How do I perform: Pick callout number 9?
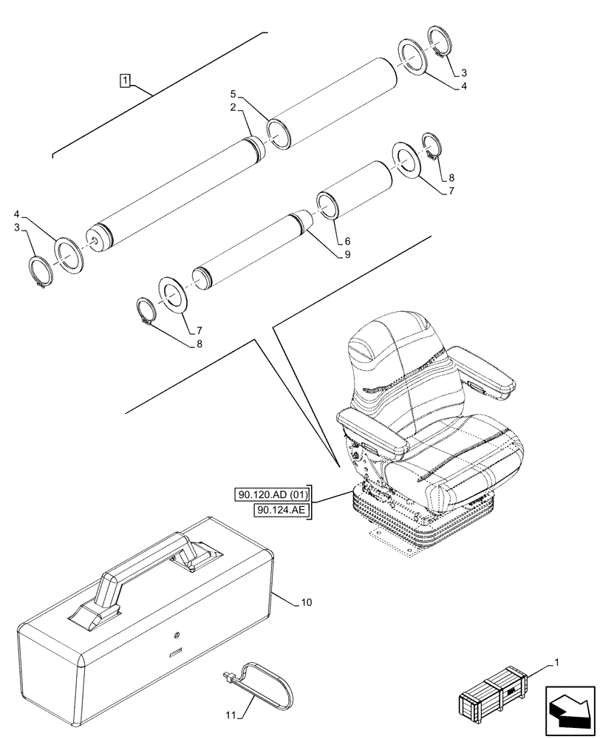pyautogui.click(x=346, y=254)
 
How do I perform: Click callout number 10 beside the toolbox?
pyautogui.click(x=306, y=603)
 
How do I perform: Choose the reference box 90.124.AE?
pyautogui.click(x=282, y=510)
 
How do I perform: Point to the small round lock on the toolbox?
pyautogui.click(x=176, y=635)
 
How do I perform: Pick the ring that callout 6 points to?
pyautogui.click(x=328, y=205)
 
